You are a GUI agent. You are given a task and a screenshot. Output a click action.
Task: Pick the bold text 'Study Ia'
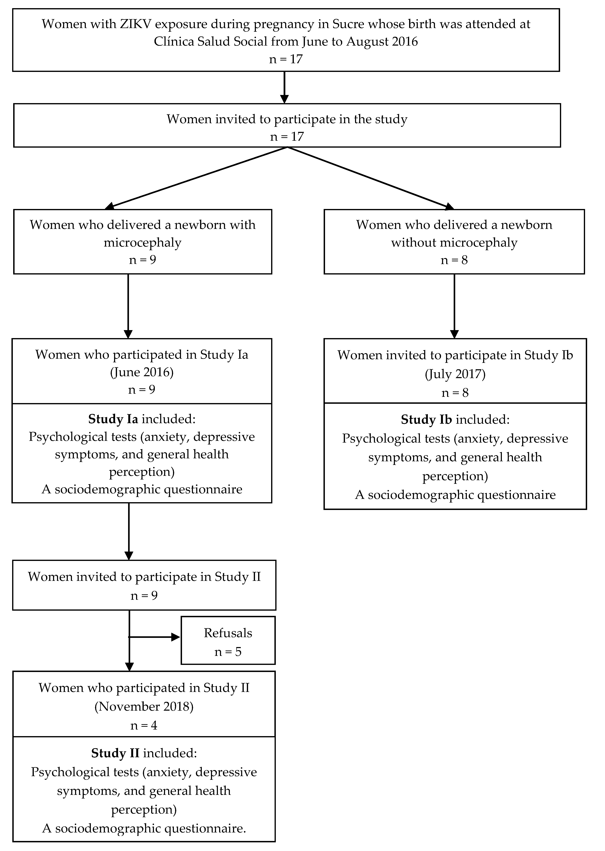(x=113, y=419)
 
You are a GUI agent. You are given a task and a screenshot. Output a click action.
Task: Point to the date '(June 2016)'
(x=142, y=372)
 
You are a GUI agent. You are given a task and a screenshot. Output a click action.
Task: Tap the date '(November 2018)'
(x=144, y=706)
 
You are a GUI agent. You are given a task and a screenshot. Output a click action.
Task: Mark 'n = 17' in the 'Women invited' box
(x=287, y=137)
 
